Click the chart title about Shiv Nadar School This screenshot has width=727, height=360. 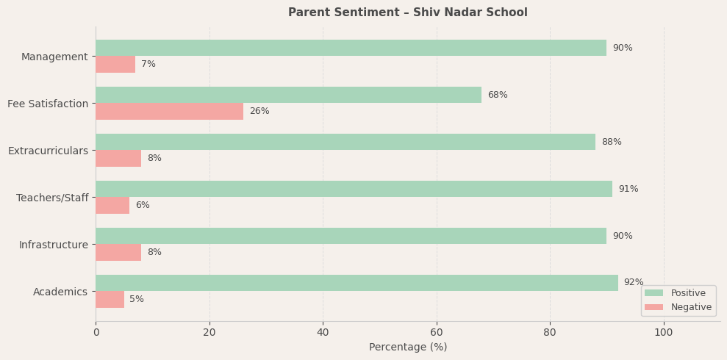coord(407,12)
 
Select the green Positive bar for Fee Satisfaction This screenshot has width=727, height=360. coord(288,95)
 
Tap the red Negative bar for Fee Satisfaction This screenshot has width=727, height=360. coord(169,111)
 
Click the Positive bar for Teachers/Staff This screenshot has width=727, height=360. coord(354,189)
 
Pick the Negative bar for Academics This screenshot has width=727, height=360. coord(110,299)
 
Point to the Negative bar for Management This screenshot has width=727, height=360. coord(115,64)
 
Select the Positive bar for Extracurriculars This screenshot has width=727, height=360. coord(345,142)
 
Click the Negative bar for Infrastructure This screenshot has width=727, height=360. coord(118,252)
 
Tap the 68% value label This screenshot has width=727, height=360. coord(498,95)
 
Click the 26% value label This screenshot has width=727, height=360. coord(259,111)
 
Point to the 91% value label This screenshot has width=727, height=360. coord(628,189)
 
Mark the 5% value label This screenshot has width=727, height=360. coord(137,299)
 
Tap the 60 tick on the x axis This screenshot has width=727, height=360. coord(437,332)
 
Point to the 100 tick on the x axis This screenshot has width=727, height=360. coord(664,332)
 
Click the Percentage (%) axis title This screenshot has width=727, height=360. coord(407,347)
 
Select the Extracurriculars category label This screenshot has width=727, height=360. coord(48,151)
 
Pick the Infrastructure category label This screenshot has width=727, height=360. coord(53,245)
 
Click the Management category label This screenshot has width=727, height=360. coord(54,57)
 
